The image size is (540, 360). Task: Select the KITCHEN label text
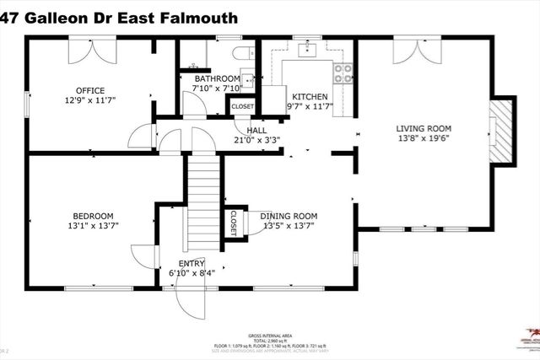[x=309, y=97]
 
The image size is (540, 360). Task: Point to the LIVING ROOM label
[x=429, y=129]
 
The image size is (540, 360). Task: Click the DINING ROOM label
[x=289, y=216]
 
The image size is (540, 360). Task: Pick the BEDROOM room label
[x=90, y=216]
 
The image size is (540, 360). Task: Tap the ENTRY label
[x=191, y=263]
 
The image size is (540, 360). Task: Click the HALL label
[x=256, y=131]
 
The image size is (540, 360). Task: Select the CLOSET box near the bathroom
[x=242, y=107]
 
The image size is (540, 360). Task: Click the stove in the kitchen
[x=343, y=73]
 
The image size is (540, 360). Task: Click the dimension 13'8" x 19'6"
[x=429, y=140]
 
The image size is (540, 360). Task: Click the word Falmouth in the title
[x=197, y=17]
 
